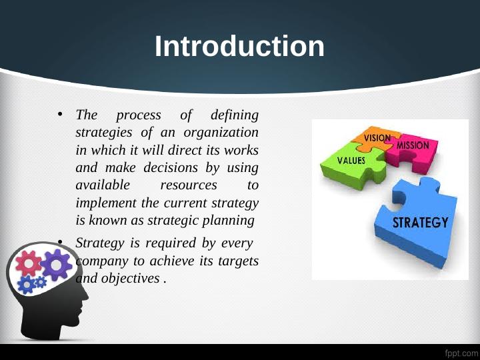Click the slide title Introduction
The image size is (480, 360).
coord(240,47)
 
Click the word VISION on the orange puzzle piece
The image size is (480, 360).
coord(377,137)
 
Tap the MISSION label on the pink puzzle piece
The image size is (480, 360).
coord(417,145)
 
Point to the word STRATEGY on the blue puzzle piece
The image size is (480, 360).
coord(420,223)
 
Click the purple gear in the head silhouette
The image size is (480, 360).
coord(56,265)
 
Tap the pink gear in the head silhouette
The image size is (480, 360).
coord(28,264)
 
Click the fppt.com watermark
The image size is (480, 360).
coord(461,351)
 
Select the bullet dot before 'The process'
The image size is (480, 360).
coord(59,114)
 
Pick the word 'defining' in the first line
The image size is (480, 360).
coord(234,115)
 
